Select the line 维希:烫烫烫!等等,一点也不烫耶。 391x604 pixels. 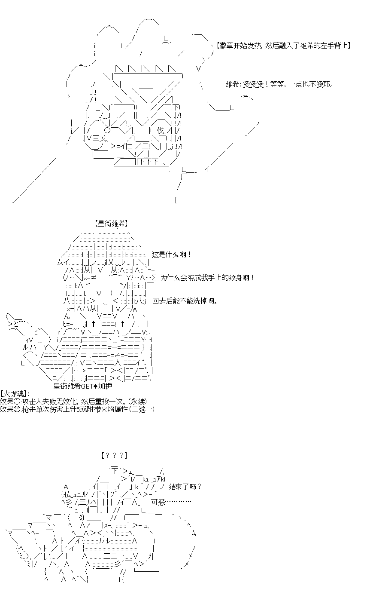pos(279,84)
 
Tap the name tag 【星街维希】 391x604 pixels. pos(111,224)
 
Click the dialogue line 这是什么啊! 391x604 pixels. pos(172,255)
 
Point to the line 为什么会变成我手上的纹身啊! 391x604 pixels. pos(207,278)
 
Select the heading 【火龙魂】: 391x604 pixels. pos(15,394)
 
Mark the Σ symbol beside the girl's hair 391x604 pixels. pos(154,278)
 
